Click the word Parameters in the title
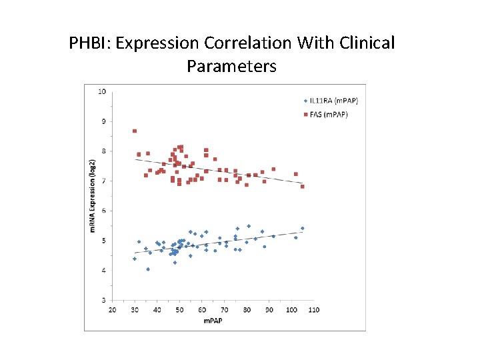[231, 67]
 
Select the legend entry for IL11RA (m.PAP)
[333, 101]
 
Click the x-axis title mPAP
[213, 321]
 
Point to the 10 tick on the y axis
[102, 91]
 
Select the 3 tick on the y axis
[103, 301]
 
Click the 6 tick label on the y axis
[103, 211]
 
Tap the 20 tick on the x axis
[112, 310]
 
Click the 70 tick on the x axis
[225, 310]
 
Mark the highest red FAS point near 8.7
[135, 131]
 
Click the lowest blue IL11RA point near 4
[148, 269]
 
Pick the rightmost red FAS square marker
[302, 187]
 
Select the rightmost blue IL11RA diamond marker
[302, 228]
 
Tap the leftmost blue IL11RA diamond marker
[135, 259]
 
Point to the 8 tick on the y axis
[103, 151]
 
